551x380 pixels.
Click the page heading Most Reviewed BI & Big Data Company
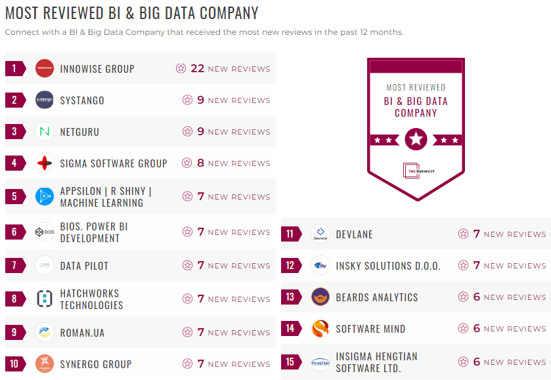point(132,13)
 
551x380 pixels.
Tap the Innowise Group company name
point(97,69)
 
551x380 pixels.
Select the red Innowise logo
point(45,68)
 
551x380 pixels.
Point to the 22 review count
point(197,68)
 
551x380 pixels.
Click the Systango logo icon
point(45,100)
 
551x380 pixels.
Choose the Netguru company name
point(79,132)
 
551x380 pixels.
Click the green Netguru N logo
point(45,131)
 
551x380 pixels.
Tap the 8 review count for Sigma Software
point(201,163)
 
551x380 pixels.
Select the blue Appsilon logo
point(45,196)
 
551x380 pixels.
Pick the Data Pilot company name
point(84,266)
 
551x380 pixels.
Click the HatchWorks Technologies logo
point(45,299)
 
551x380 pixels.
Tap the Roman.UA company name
point(82,333)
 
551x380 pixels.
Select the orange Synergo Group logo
point(45,364)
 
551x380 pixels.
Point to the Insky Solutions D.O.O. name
point(388,266)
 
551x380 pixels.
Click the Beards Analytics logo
point(320,297)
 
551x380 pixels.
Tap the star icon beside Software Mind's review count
point(464,328)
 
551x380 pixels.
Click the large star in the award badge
point(416,139)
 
